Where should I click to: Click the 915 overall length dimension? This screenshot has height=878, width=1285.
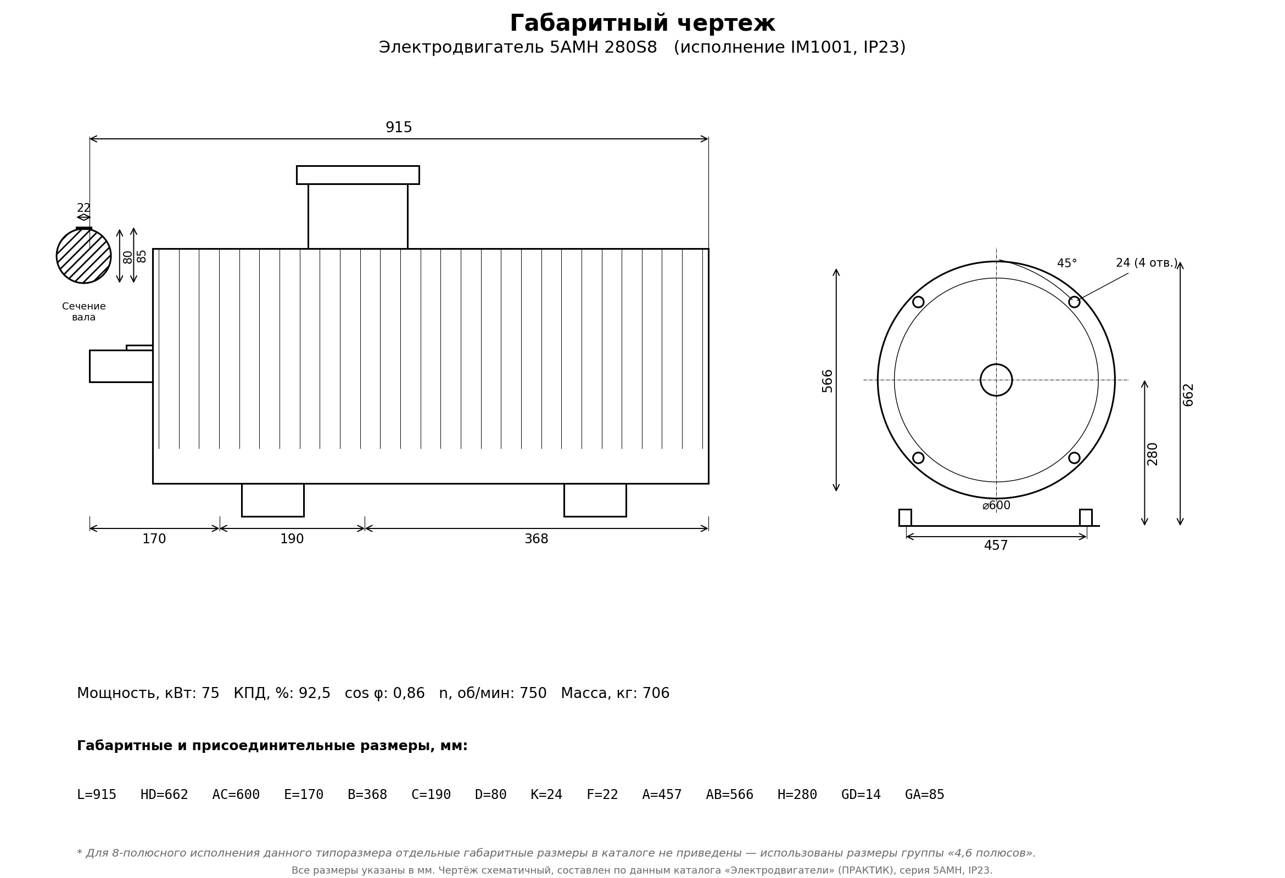point(399,128)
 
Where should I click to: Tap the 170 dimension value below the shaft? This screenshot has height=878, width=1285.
point(154,539)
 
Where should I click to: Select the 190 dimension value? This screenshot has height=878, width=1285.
point(292,539)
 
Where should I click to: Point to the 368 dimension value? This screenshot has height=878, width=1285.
point(537,539)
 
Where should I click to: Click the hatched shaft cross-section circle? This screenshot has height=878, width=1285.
point(83,256)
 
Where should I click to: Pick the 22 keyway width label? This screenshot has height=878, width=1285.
point(83,209)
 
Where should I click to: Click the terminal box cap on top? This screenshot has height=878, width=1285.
point(357,175)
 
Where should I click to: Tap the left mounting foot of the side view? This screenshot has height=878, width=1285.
point(272,500)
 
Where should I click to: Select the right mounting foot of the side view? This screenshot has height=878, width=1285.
point(595,500)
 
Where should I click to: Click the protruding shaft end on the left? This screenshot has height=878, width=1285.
point(121,366)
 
